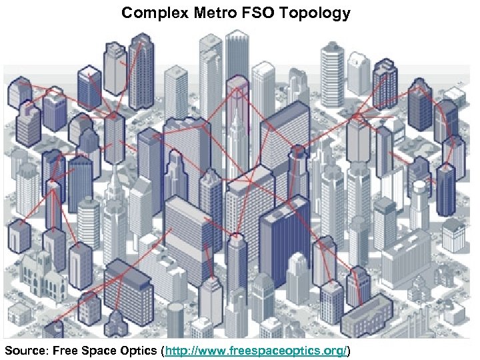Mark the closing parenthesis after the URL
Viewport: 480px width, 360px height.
point(349,351)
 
